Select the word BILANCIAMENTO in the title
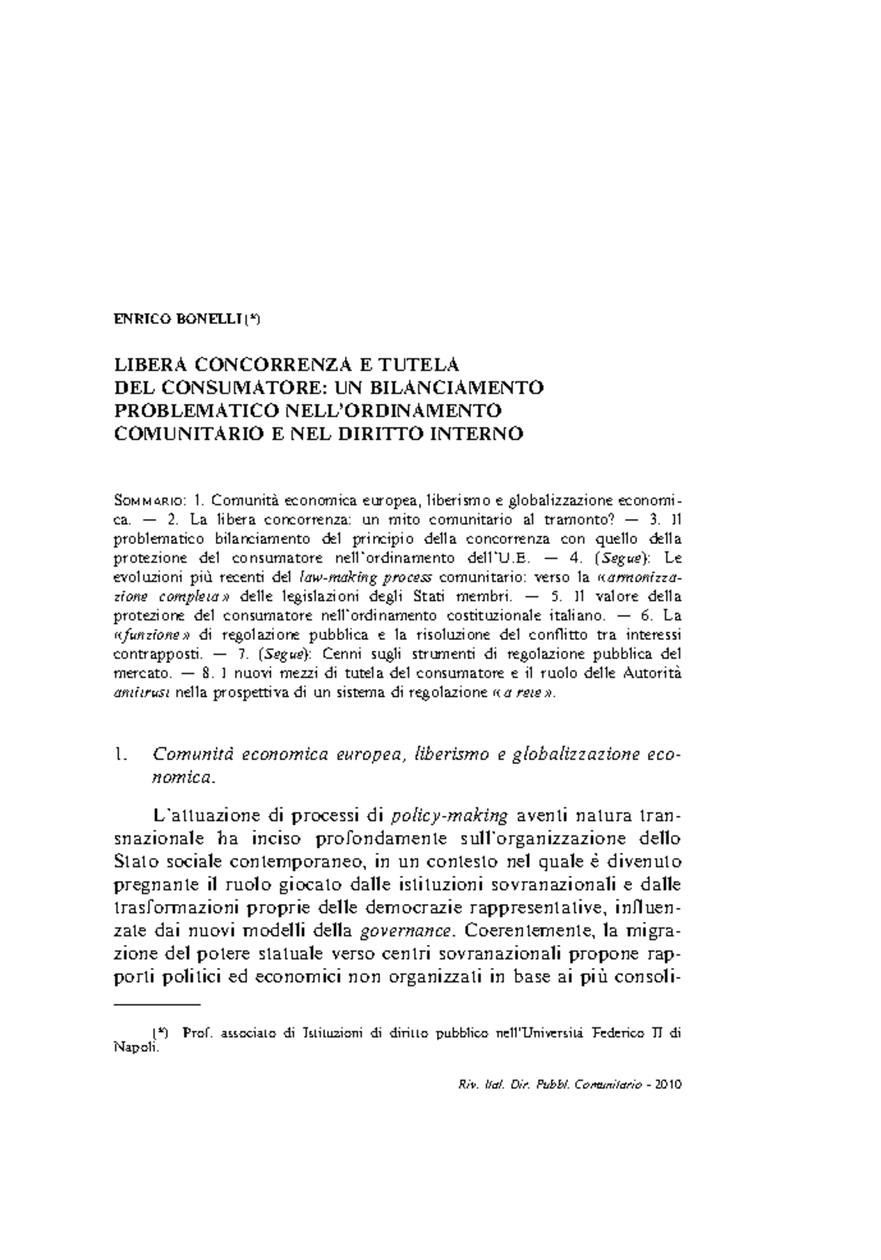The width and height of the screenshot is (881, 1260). pyautogui.click(x=464, y=387)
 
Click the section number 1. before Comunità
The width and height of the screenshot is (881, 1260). pyautogui.click(x=122, y=754)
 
